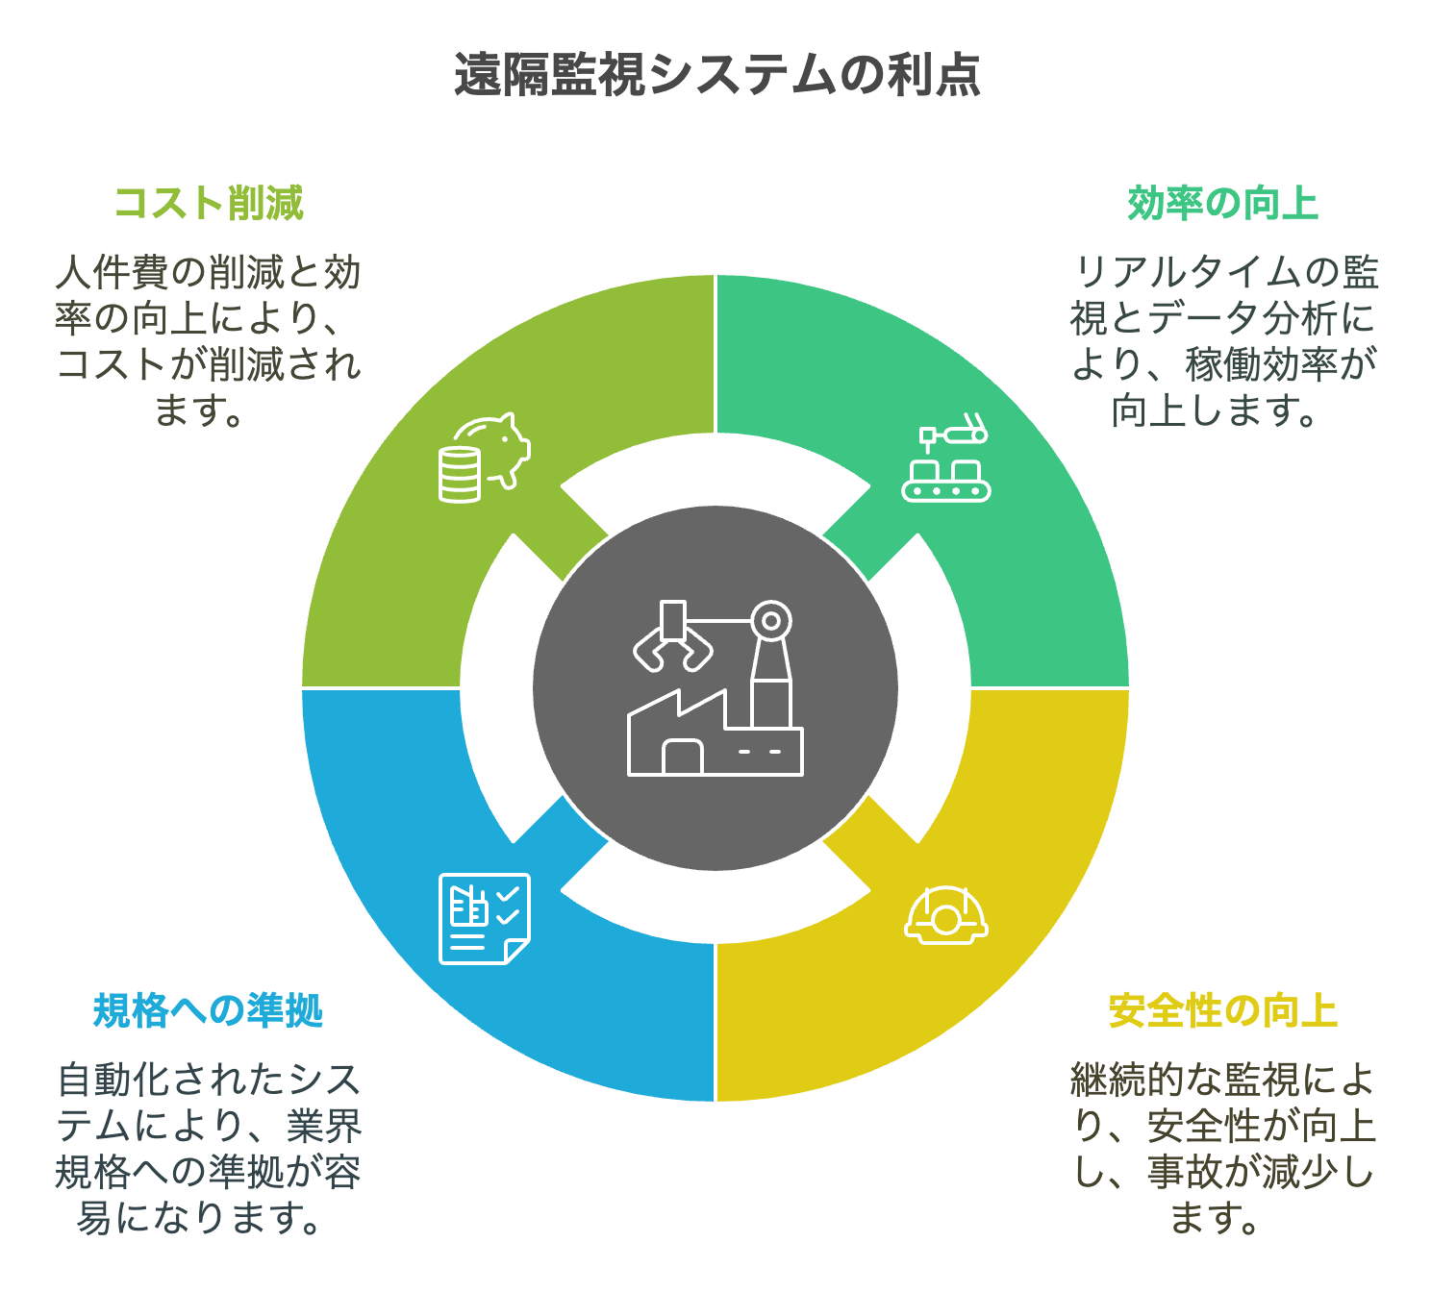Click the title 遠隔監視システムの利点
point(716,74)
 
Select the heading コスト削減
point(209,204)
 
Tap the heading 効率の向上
point(1222,204)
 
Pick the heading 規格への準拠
point(209,1011)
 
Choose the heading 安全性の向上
point(1222,1011)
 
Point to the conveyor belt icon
point(946,458)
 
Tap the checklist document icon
point(485,919)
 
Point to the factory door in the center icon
point(683,757)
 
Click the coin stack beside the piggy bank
point(459,475)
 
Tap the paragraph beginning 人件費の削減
point(209,340)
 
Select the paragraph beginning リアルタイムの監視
point(1222,340)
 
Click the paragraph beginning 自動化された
point(209,1148)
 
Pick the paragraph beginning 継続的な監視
point(1222,1148)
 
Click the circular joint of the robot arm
point(771,621)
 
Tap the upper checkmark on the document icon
point(507,894)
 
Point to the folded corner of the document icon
point(516,952)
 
